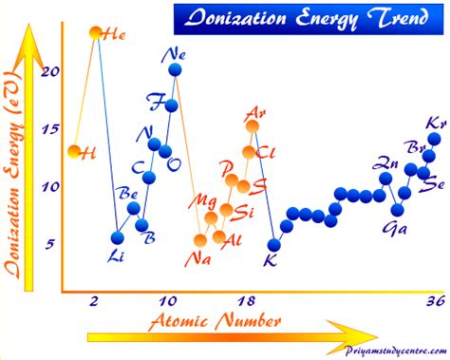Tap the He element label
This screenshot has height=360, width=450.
click(115, 34)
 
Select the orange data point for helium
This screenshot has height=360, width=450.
click(95, 33)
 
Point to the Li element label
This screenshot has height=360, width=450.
click(117, 255)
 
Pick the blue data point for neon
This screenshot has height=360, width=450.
click(175, 69)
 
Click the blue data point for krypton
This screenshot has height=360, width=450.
click(434, 140)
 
